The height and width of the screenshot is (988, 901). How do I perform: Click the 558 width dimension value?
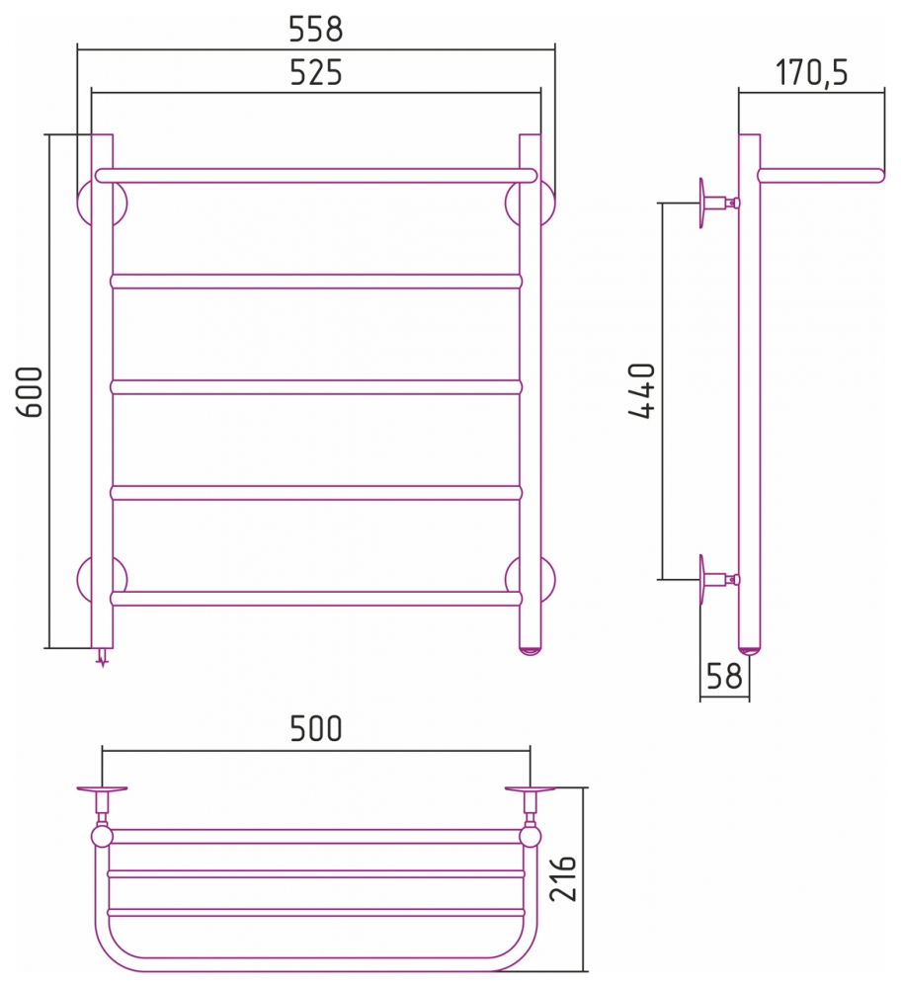[x=316, y=29]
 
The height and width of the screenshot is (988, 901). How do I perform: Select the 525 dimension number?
[x=316, y=72]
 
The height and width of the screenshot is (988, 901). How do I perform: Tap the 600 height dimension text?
[x=30, y=391]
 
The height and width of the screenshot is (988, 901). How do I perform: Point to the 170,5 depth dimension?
[x=811, y=72]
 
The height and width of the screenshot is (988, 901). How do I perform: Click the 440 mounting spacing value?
[x=642, y=390]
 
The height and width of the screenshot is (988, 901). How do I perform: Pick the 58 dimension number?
[x=724, y=676]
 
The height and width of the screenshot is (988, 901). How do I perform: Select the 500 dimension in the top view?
[x=316, y=729]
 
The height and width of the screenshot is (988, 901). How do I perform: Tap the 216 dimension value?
[x=563, y=877]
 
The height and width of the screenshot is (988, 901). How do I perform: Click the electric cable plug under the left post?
[x=102, y=657]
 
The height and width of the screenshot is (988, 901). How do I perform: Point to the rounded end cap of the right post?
[x=530, y=651]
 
